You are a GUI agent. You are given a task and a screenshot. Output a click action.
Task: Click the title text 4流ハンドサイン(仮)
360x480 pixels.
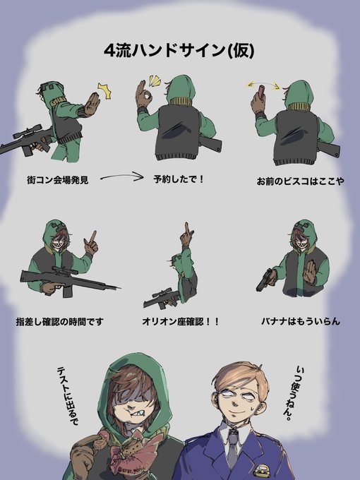tap(179, 50)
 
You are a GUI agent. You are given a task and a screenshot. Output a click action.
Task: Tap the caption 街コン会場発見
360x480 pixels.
tap(58, 180)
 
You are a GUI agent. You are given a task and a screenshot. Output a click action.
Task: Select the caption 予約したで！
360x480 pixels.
tap(179, 179)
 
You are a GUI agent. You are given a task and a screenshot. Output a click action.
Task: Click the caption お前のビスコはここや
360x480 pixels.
tap(300, 181)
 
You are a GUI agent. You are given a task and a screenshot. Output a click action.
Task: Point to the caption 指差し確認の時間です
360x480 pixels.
tap(60, 322)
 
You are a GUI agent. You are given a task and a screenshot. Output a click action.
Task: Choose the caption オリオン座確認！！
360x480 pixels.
tap(181, 322)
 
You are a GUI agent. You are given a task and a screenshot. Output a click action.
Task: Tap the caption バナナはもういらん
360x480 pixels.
tap(301, 321)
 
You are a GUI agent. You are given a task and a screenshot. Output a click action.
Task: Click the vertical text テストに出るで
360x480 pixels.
tap(68, 396)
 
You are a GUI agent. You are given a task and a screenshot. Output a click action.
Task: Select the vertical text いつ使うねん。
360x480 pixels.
tap(293, 393)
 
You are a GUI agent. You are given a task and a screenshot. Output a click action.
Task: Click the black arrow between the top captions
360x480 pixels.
tap(122, 176)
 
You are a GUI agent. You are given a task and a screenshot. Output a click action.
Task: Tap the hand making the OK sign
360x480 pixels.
tap(144, 93)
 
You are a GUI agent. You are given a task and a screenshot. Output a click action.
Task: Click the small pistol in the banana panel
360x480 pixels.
tap(265, 280)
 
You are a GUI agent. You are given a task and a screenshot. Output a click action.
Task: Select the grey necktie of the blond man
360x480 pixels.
tap(232, 446)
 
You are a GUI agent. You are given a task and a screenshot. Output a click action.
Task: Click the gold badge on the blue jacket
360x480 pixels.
tap(262, 471)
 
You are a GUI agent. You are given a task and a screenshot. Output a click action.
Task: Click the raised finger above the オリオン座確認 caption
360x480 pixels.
tap(186, 231)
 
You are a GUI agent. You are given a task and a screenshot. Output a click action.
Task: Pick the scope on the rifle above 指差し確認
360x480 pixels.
tap(64, 270)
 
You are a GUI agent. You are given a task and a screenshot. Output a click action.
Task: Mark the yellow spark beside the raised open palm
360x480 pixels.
tap(104, 91)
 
